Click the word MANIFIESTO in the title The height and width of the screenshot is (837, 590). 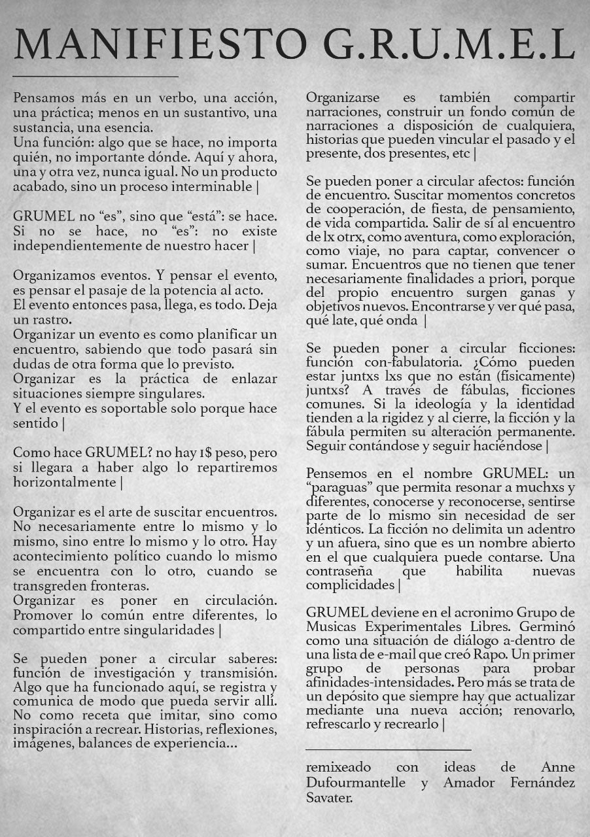pos(160,45)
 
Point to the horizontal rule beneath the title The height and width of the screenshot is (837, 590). pos(95,77)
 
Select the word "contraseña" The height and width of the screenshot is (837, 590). pos(340,571)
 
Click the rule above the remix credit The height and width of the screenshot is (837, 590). pos(388,749)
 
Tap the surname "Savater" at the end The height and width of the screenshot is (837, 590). pos(328,798)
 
